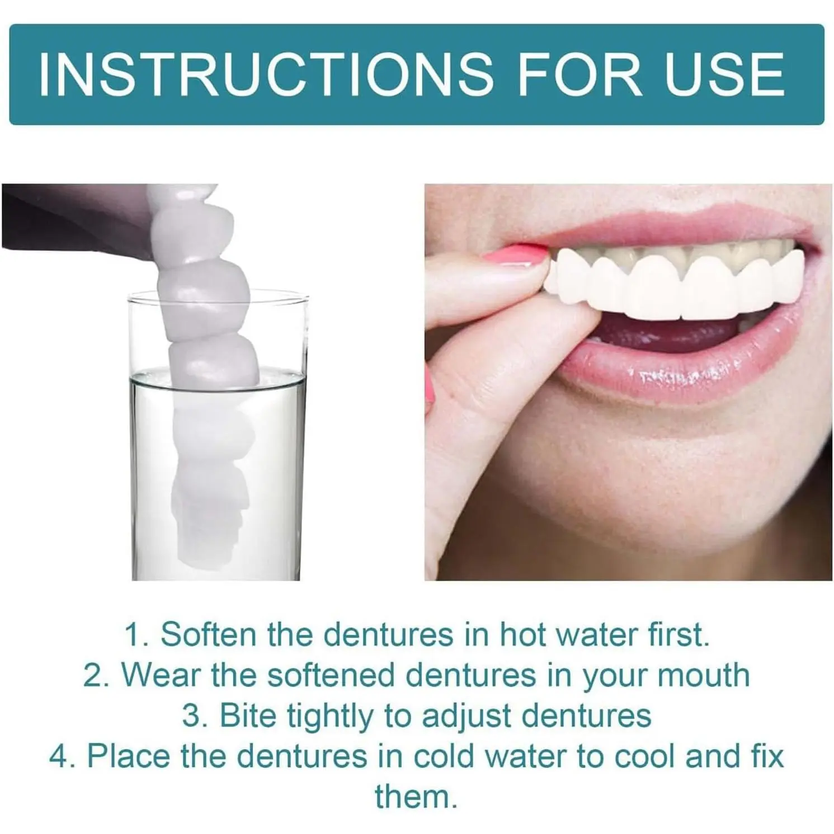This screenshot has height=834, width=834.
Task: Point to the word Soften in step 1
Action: point(209,634)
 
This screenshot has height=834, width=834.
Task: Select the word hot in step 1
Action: point(520,634)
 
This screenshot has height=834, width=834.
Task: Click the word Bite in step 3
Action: point(248,715)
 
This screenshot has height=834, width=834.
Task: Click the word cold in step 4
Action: point(445,756)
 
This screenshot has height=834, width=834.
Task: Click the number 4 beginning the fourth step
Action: point(60,756)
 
